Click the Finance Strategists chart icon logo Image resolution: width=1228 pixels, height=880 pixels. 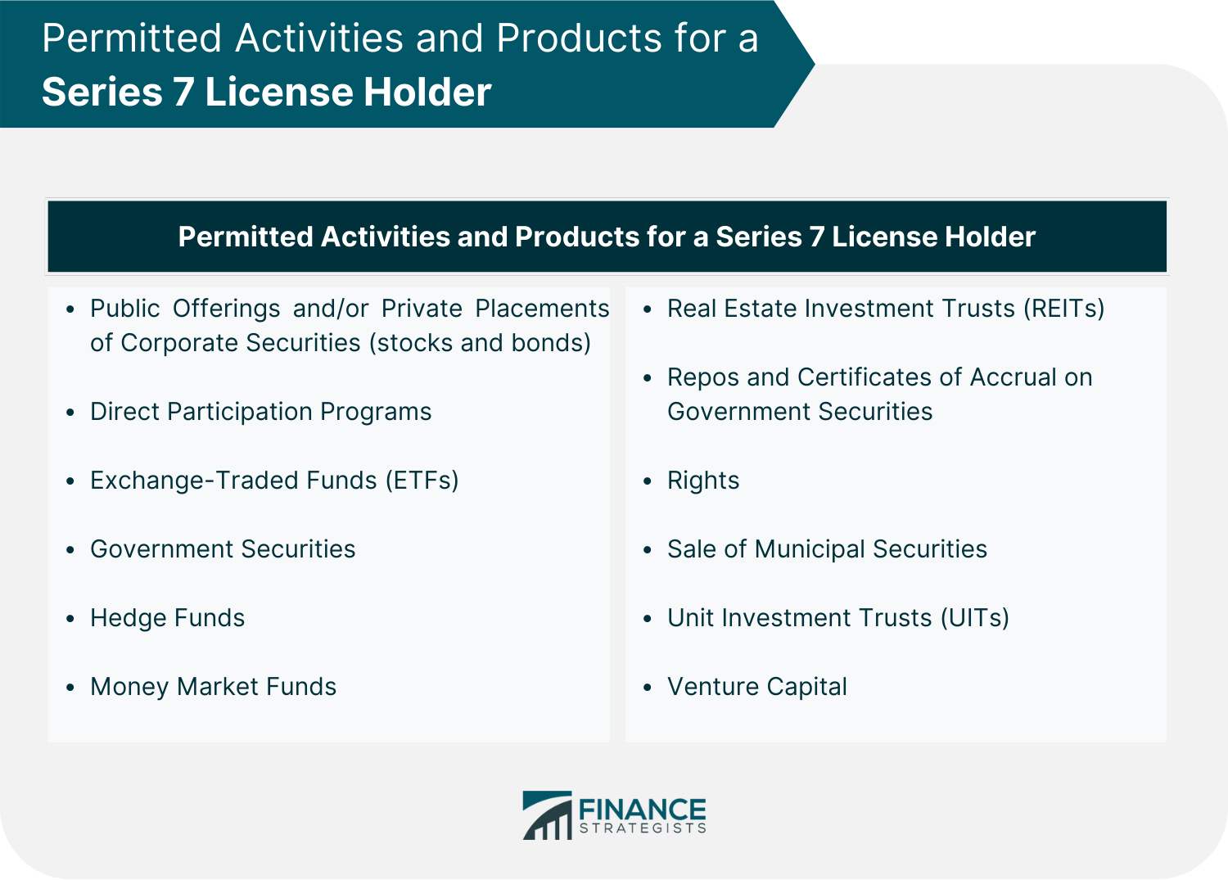(x=547, y=815)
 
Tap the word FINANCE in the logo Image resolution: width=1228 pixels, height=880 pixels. (x=643, y=810)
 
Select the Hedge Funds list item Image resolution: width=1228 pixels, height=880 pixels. (x=167, y=618)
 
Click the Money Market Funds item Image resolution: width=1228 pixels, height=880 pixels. (x=213, y=687)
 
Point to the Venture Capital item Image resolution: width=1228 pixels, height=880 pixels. (x=757, y=687)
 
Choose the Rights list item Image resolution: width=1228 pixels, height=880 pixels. (x=703, y=481)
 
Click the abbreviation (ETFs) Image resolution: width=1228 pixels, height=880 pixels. (x=422, y=481)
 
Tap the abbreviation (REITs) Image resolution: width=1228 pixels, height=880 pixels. (x=1064, y=309)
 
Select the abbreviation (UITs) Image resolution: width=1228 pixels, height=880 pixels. (x=975, y=618)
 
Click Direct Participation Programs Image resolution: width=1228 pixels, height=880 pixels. (x=261, y=412)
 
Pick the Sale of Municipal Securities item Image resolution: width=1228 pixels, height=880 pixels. (x=827, y=549)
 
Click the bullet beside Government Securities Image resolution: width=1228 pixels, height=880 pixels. (x=70, y=550)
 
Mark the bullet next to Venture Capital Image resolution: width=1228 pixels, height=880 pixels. (x=648, y=688)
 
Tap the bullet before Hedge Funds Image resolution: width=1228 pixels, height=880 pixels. (x=70, y=619)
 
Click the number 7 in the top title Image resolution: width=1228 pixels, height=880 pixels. (x=184, y=92)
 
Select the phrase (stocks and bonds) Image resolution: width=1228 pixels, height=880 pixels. (x=481, y=343)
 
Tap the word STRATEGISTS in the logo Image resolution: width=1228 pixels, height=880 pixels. (x=643, y=828)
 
